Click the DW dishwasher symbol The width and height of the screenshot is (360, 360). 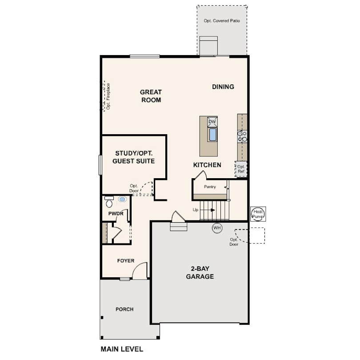(x=212, y=122)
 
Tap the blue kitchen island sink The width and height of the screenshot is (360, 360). (x=212, y=135)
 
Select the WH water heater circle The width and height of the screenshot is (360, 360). (x=217, y=228)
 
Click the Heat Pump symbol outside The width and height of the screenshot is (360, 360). (x=258, y=214)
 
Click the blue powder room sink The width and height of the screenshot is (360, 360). (x=122, y=199)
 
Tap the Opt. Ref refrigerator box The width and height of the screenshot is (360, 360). (x=241, y=169)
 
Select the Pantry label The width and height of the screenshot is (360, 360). (x=210, y=187)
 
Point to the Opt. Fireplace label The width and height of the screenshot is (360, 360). (x=108, y=96)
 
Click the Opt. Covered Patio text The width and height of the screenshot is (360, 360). (x=222, y=20)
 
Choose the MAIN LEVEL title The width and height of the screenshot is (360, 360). (x=122, y=349)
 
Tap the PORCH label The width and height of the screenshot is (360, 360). (x=124, y=309)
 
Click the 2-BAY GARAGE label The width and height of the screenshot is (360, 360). (x=200, y=272)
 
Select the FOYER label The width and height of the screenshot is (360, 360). (x=126, y=260)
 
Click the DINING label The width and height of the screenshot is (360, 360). (x=223, y=87)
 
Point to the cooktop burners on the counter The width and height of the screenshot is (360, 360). (x=242, y=136)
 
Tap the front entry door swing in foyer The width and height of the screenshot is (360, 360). (x=140, y=271)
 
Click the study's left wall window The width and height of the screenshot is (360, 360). (x=100, y=165)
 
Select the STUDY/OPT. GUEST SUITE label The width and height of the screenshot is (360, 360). (x=134, y=157)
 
